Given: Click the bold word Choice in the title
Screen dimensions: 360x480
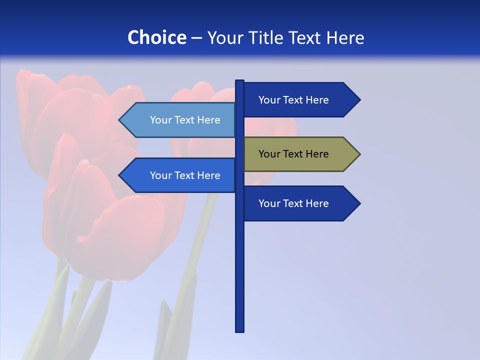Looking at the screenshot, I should pyautogui.click(x=156, y=37).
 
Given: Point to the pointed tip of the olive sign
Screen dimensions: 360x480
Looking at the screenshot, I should pyautogui.click(x=359, y=154).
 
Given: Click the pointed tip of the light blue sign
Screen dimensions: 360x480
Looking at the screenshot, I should pyautogui.click(x=120, y=120).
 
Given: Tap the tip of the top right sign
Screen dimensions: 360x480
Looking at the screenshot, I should pyautogui.click(x=359, y=100).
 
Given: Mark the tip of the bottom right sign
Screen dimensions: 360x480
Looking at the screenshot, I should pyautogui.click(x=359, y=203).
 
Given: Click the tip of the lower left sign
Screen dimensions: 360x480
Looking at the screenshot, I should pyautogui.click(x=120, y=175).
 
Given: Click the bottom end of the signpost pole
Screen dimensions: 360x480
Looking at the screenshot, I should pyautogui.click(x=240, y=330).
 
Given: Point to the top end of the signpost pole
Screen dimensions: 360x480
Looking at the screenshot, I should pyautogui.click(x=240, y=81).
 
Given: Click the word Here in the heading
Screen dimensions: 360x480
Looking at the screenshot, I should pyautogui.click(x=345, y=37).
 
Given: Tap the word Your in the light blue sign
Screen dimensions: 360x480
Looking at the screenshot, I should pyautogui.click(x=160, y=120).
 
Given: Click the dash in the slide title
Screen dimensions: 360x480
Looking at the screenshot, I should pyautogui.click(x=196, y=38).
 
